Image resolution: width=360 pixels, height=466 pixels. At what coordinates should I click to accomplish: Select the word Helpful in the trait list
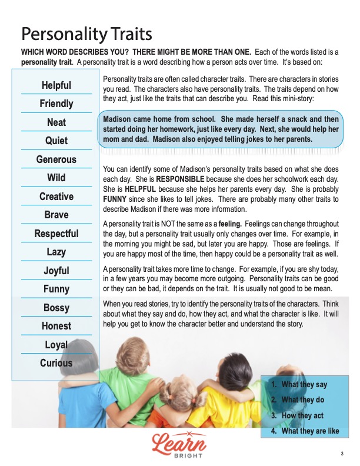click(56, 86)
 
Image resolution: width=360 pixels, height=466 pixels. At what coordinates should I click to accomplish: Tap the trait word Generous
click(56, 159)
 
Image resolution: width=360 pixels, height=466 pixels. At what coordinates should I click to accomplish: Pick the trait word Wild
click(56, 178)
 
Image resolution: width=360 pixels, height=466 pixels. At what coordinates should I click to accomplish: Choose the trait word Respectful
click(56, 234)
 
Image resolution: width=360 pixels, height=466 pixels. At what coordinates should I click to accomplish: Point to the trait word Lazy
click(56, 252)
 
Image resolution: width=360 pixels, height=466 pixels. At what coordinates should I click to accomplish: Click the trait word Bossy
click(56, 308)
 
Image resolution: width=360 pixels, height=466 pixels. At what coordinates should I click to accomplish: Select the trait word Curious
click(56, 363)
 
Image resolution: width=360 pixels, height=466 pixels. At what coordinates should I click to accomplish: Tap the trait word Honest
click(56, 326)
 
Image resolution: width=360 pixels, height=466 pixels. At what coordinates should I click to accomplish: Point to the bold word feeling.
click(250, 225)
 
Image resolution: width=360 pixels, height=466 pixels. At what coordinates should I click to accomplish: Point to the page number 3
click(342, 453)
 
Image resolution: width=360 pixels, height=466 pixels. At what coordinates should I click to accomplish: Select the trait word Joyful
click(56, 271)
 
